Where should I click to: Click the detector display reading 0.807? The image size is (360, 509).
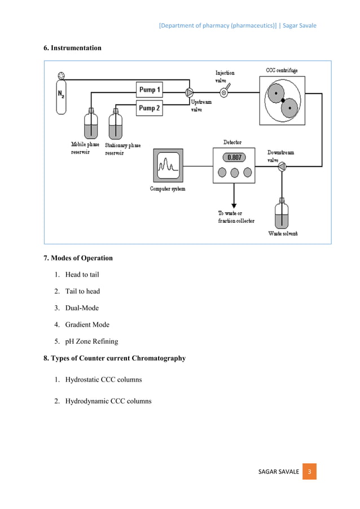[234, 157]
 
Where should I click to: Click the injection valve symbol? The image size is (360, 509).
[224, 93]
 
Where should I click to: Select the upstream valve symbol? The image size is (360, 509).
[189, 93]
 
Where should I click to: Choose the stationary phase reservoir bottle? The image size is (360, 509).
[115, 125]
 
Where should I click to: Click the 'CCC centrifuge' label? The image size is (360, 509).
[282, 71]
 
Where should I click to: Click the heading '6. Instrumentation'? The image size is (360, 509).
[73, 48]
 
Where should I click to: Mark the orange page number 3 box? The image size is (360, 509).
[309, 471]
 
